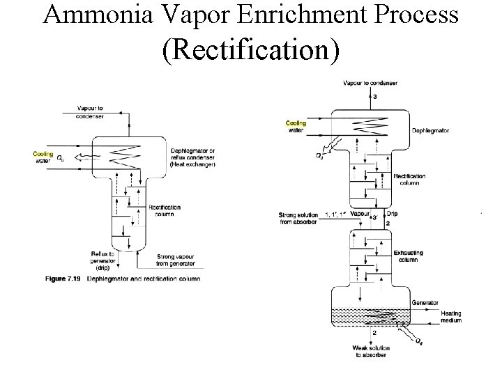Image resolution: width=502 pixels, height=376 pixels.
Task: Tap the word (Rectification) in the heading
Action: (x=251, y=52)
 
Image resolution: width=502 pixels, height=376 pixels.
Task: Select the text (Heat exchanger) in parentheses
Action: (x=192, y=164)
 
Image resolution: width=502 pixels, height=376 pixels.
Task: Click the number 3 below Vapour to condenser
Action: (x=374, y=96)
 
